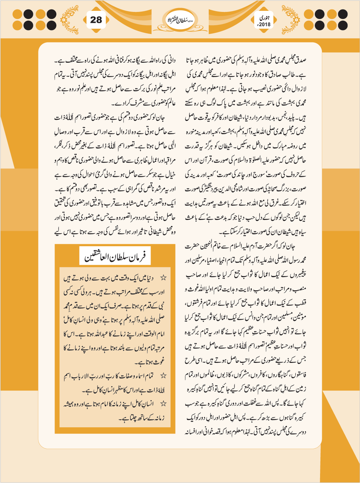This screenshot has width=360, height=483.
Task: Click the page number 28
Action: pos(96,20)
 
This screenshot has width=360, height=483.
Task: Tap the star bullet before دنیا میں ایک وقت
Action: pos(163,278)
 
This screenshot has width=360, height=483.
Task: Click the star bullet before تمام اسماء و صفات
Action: pos(163,376)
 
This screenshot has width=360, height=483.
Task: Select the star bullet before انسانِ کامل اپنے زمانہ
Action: pos(163,404)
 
